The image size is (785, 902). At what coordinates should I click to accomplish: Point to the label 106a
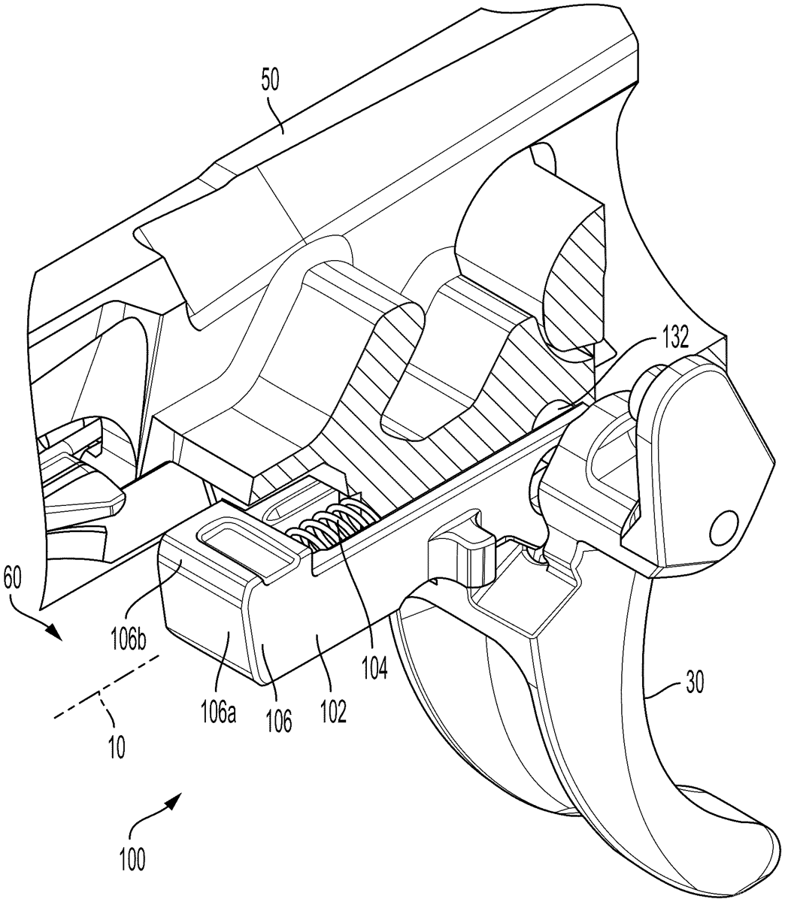point(219,712)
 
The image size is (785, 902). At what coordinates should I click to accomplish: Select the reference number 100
point(132,872)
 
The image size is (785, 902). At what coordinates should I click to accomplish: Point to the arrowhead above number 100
point(174,798)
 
